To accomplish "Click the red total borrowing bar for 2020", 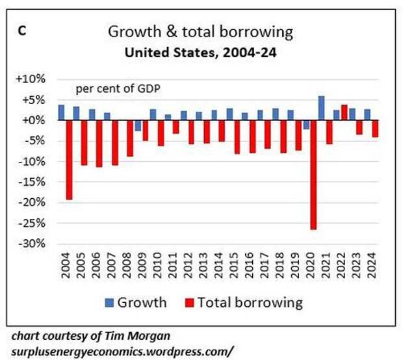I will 313,175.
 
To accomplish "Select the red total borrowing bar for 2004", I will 69,160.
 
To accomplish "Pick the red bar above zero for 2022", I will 344,112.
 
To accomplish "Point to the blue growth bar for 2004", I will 61,112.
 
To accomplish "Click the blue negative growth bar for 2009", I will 137,125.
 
